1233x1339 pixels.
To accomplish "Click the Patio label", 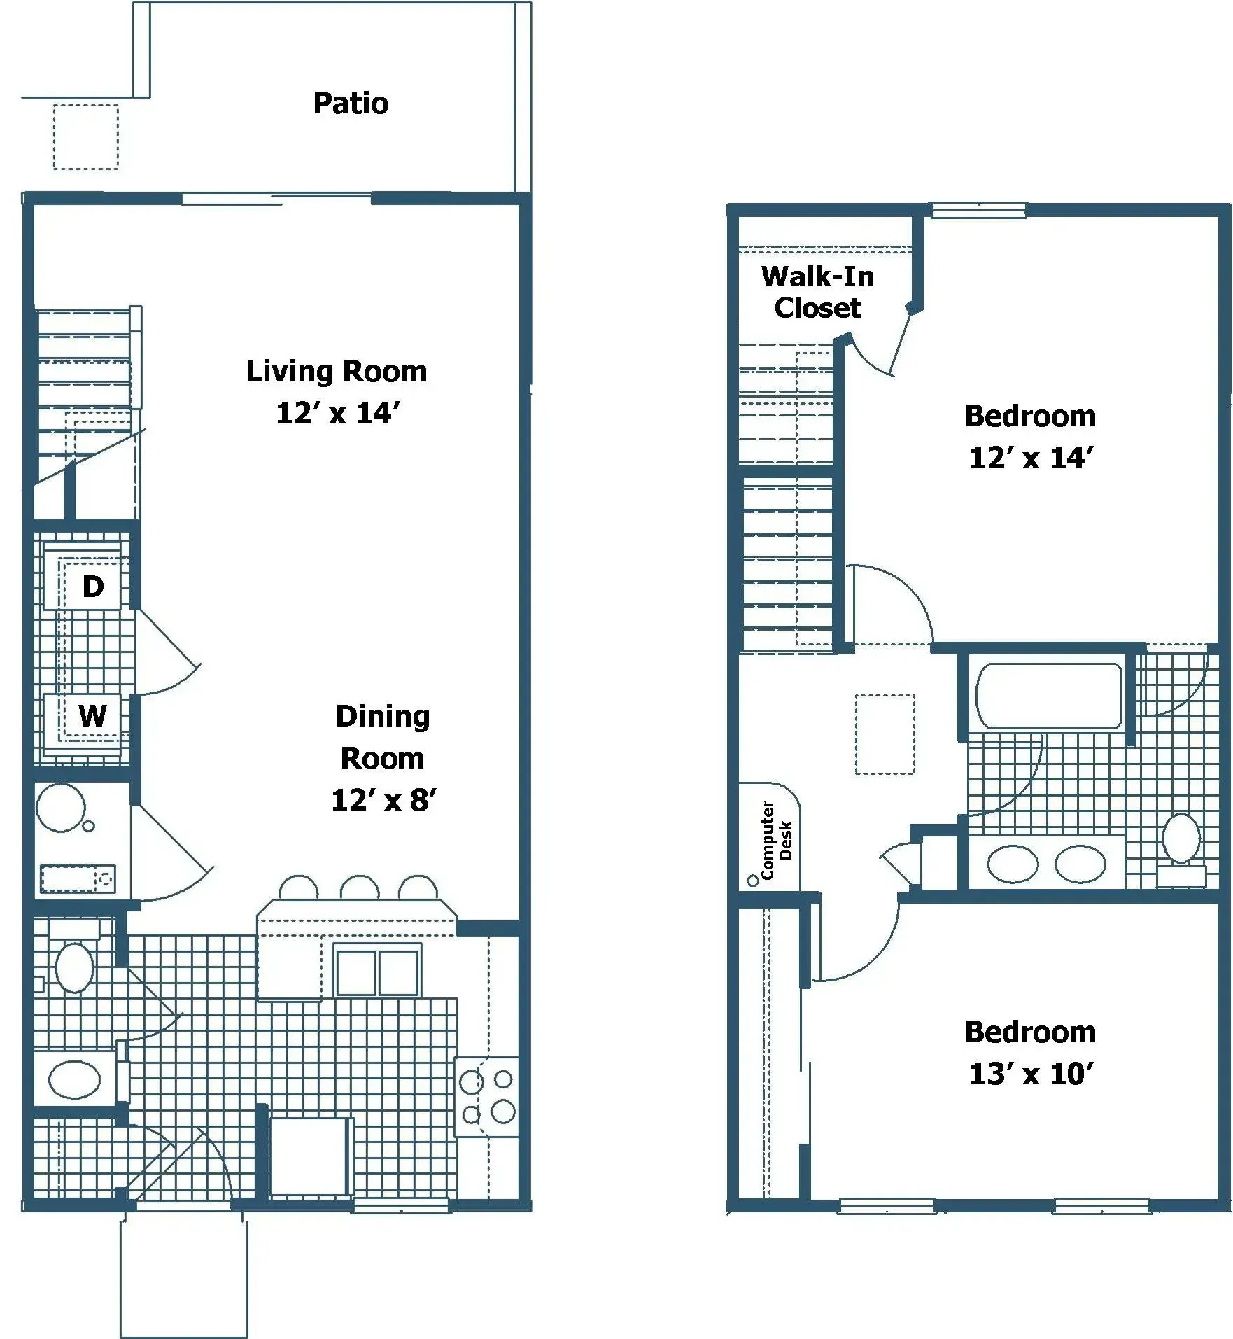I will [351, 104].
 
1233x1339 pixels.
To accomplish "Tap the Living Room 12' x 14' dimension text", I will [337, 413].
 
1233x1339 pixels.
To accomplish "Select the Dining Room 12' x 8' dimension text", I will [383, 800].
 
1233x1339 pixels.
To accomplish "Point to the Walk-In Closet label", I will [817, 292].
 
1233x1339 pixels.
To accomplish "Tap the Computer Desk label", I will [775, 840].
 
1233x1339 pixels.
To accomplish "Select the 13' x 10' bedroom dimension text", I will [1031, 1074].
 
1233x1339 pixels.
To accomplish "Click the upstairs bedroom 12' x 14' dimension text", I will [1031, 458].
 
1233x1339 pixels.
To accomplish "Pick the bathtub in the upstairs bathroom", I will [1048, 696].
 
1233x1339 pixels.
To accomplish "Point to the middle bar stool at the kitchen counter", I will [360, 888].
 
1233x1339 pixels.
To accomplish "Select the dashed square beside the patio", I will [85, 137].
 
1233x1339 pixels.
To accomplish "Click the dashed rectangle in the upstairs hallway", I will [885, 734].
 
